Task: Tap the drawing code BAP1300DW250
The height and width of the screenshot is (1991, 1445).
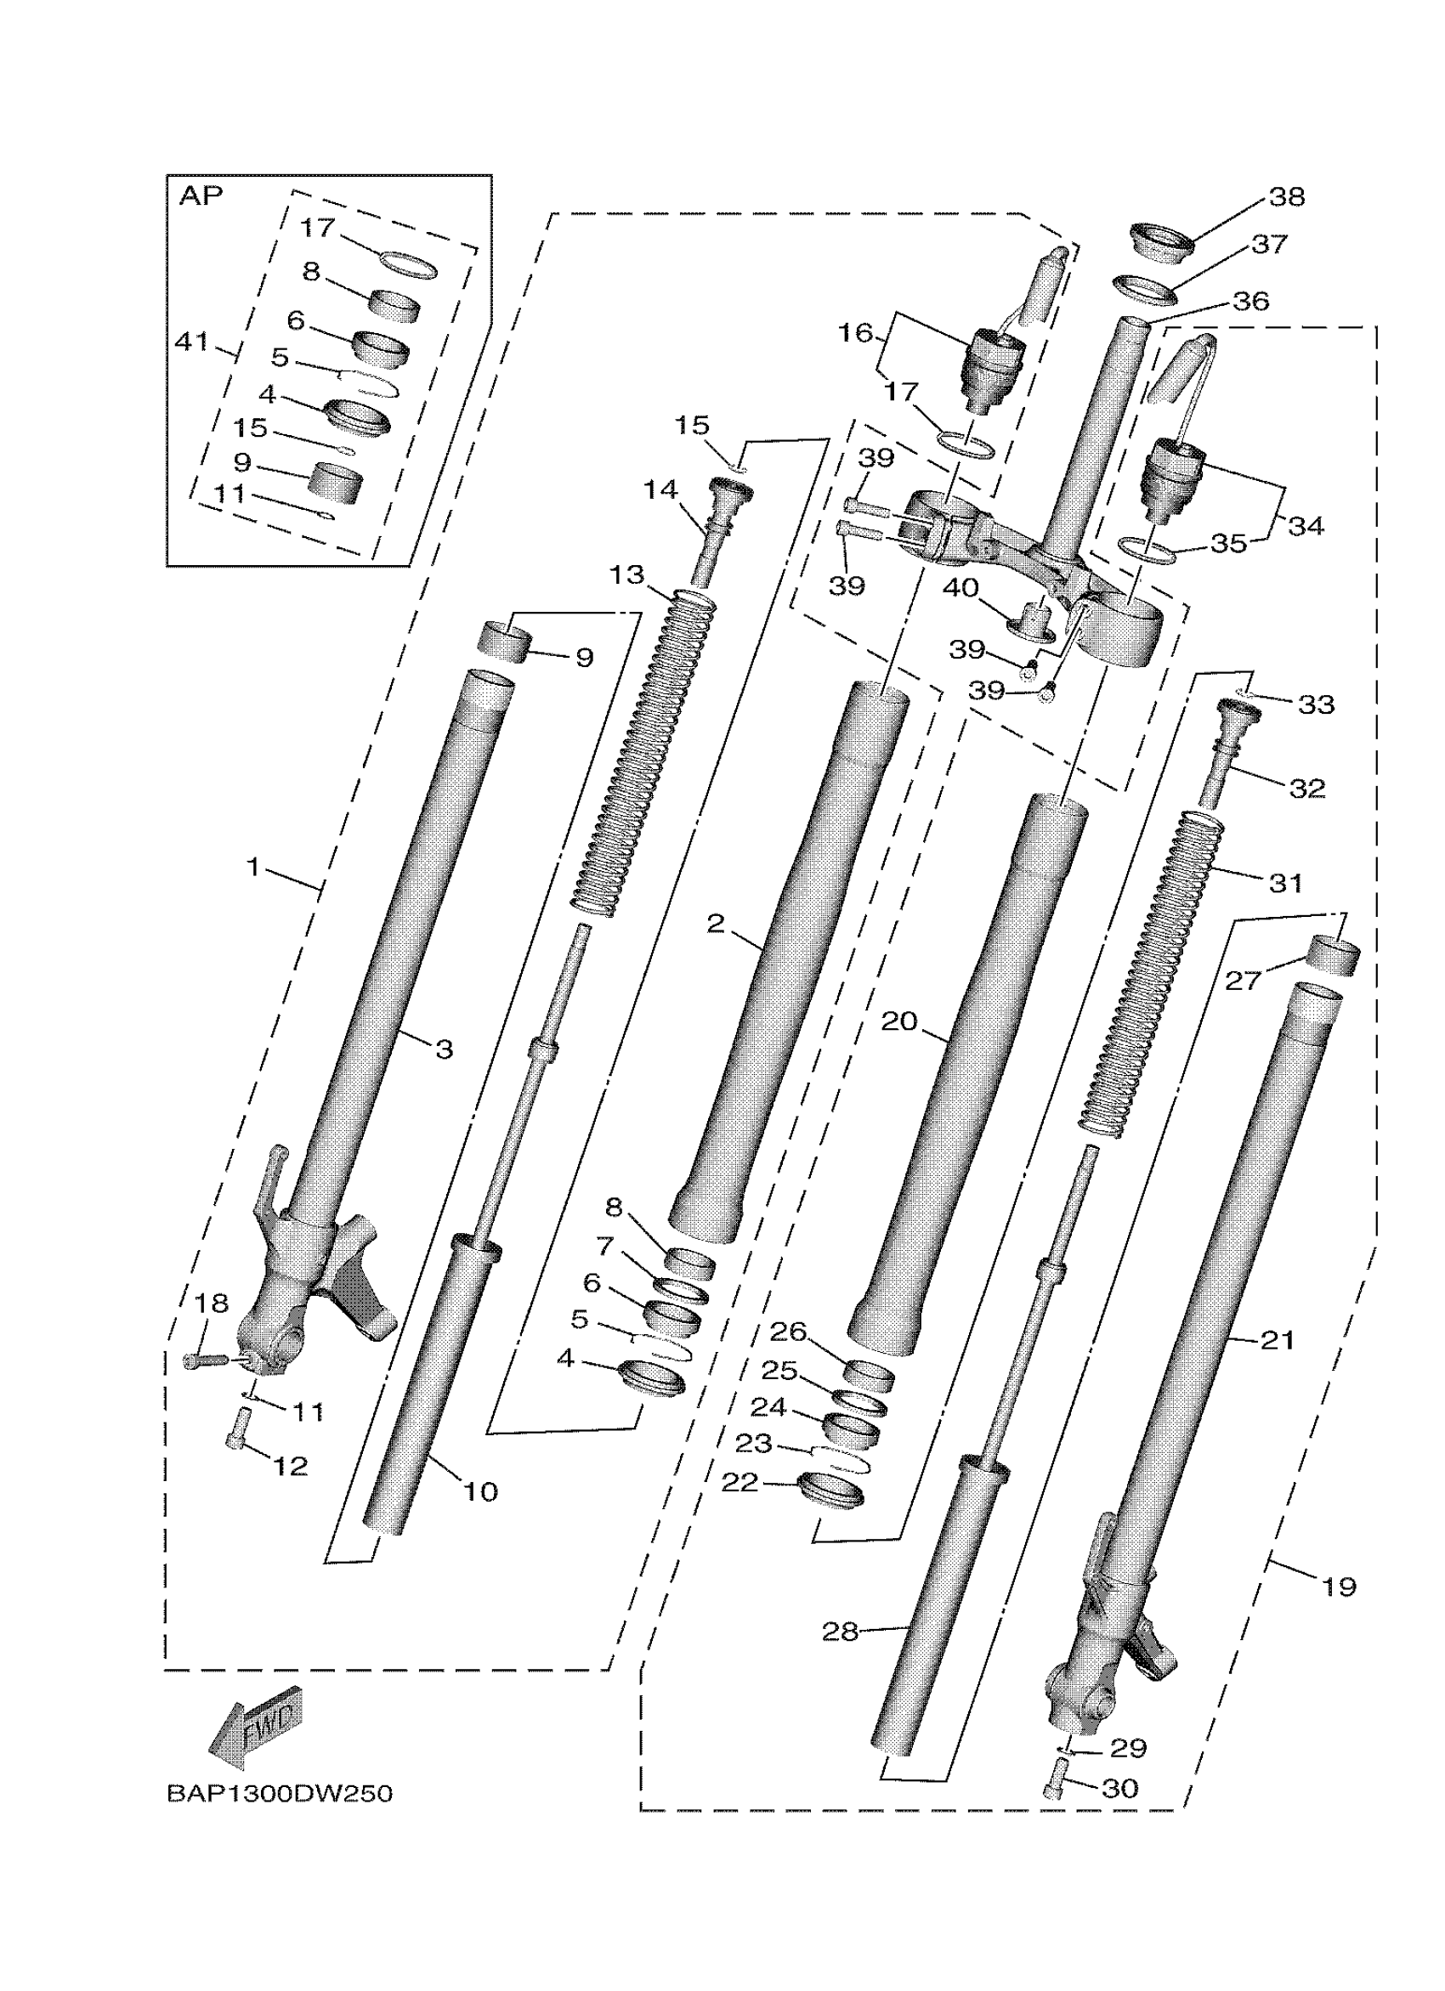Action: tap(279, 1793)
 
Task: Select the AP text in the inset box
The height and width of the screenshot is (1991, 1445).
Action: tap(201, 195)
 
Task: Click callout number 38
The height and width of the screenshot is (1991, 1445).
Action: tap(1286, 196)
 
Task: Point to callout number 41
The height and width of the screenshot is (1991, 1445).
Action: tap(191, 341)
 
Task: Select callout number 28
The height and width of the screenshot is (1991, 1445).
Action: tap(839, 1631)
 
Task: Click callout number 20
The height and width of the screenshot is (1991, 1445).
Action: tap(898, 1021)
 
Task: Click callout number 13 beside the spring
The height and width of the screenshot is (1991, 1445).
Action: tap(626, 575)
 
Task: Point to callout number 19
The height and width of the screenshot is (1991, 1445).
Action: tap(1338, 1587)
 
